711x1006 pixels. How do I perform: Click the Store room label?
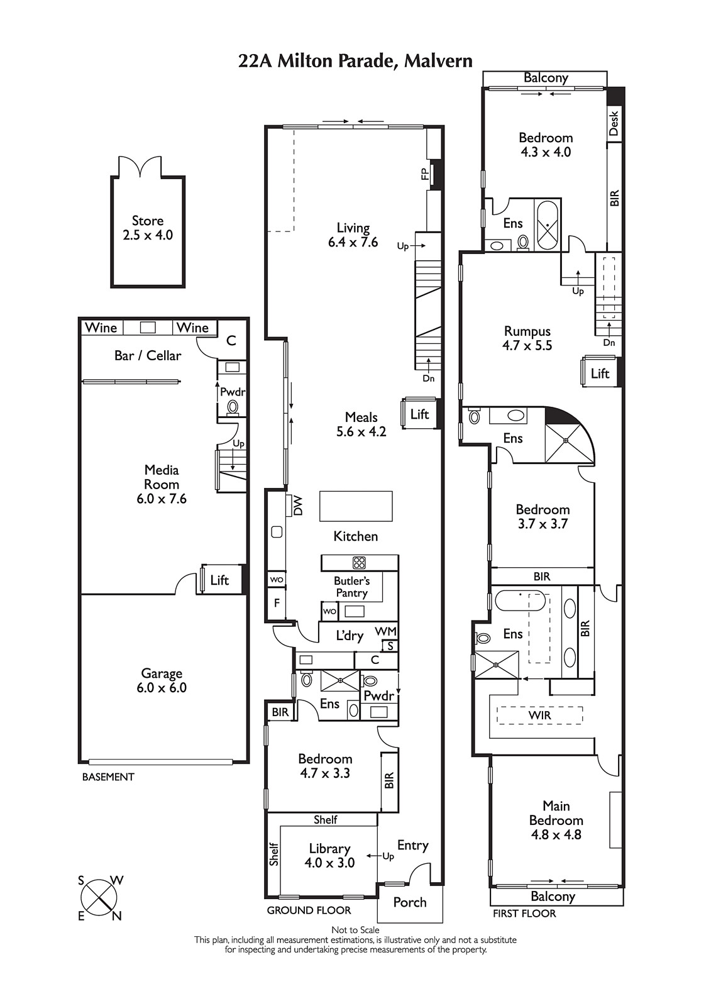coord(147,228)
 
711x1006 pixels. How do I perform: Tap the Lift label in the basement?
coord(219,580)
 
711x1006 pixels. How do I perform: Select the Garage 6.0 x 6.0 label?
coord(162,680)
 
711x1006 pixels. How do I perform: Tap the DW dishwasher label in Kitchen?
coord(298,506)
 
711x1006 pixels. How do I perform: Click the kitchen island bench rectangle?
coord(356,506)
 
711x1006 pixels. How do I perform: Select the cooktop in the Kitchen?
coord(360,562)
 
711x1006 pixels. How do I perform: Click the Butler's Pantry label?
coord(351,587)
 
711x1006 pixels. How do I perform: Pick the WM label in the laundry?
coord(386,631)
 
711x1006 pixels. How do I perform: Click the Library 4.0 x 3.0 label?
coord(329,856)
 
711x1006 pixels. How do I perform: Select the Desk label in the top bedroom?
coord(614,123)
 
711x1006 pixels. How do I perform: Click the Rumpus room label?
coord(527,338)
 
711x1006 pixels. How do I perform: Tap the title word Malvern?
coord(438,60)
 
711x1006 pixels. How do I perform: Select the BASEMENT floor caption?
coord(108,777)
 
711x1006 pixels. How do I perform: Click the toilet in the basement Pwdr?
coord(233,407)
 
